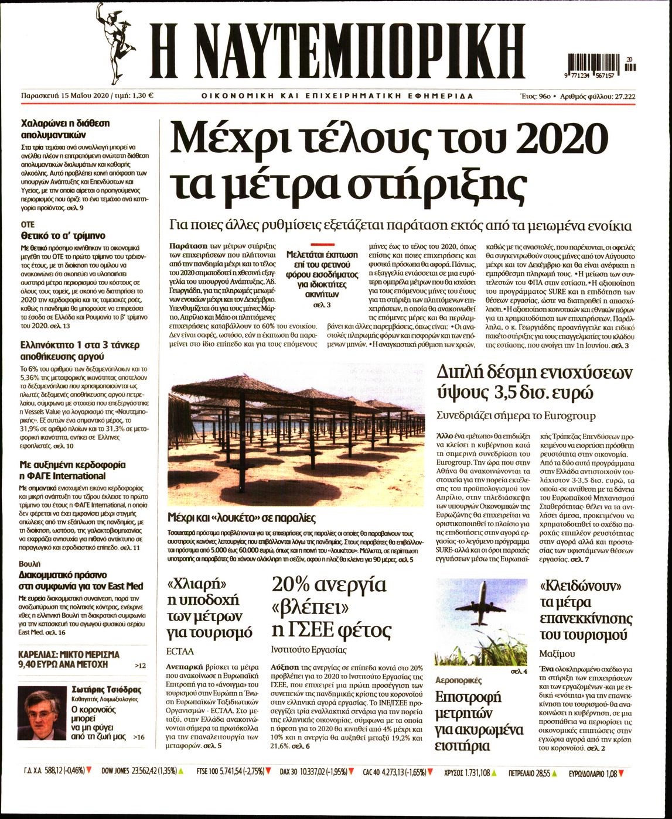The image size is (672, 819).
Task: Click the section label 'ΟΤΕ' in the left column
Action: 28,224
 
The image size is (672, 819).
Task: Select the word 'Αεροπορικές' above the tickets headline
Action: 459,680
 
